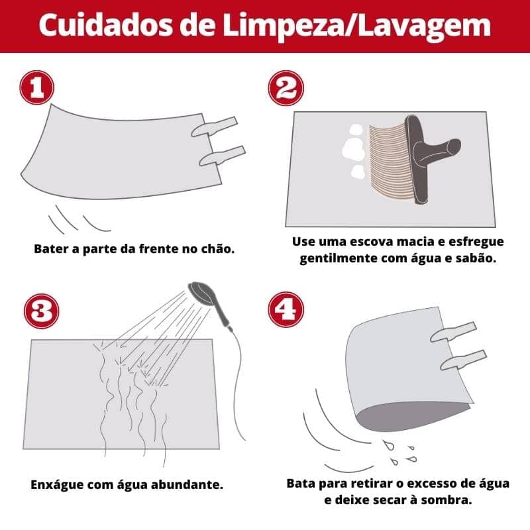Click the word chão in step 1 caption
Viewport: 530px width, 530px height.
coord(219,250)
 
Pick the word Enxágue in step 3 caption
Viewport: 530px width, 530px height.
coord(58,484)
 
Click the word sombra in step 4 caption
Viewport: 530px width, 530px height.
coord(445,500)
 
